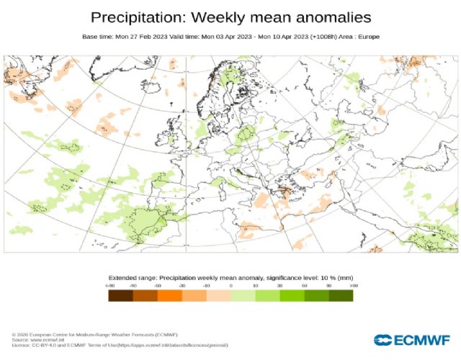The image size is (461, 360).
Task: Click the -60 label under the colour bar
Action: [157, 286]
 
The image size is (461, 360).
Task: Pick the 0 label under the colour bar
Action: [230, 286]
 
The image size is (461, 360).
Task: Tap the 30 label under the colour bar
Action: [279, 286]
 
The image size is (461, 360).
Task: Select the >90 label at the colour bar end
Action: [353, 286]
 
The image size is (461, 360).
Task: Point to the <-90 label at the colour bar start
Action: [109, 286]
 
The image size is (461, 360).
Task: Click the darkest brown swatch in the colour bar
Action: [120, 294]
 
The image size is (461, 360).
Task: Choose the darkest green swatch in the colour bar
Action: [341, 294]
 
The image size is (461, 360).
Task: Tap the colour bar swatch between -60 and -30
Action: [169, 294]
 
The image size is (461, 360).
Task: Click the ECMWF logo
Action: [411, 340]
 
